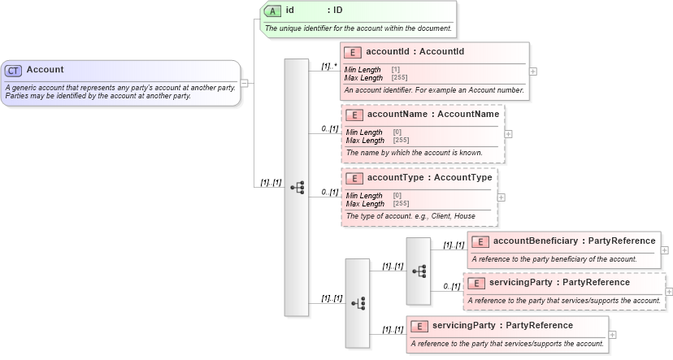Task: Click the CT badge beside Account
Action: tap(14, 71)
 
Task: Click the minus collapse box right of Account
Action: tap(244, 83)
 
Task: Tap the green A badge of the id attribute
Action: tap(273, 11)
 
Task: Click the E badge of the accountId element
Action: tap(354, 52)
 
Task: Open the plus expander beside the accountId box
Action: tap(533, 72)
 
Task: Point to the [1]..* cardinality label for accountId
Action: tap(328, 66)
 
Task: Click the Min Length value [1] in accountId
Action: tap(396, 70)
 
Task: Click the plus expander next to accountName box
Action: tap(509, 134)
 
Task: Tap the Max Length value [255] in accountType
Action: tap(401, 203)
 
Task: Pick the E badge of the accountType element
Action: tap(354, 178)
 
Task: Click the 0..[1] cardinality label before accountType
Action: tap(328, 192)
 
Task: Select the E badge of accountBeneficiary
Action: tap(480, 241)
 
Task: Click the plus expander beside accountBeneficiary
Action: tap(665, 250)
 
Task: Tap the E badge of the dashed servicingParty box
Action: tap(475, 283)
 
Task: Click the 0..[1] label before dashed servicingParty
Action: tap(451, 286)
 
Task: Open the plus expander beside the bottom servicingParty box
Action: tap(612, 334)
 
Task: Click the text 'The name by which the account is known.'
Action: tap(414, 152)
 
